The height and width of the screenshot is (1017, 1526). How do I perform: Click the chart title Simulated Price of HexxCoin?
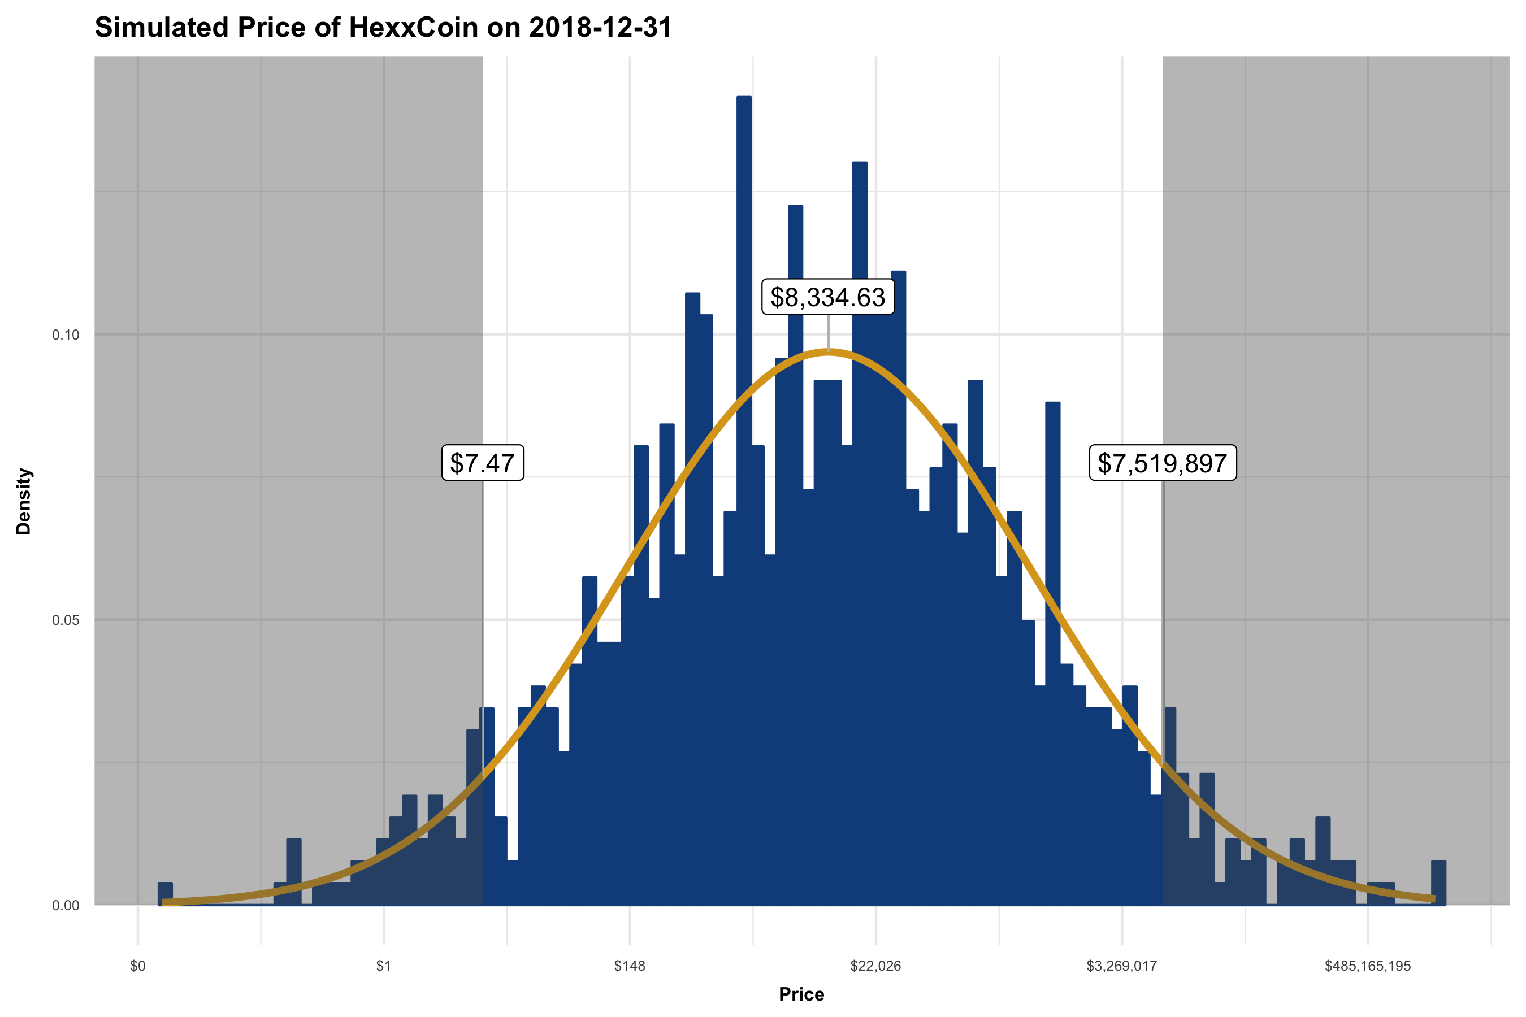[x=383, y=28]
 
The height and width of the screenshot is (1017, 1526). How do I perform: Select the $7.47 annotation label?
[x=482, y=463]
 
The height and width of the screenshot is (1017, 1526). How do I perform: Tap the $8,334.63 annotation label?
[x=827, y=297]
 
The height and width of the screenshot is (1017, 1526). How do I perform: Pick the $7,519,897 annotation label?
[x=1162, y=463]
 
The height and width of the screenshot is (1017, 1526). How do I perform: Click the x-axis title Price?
[x=801, y=994]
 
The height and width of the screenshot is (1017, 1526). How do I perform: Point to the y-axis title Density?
[x=24, y=501]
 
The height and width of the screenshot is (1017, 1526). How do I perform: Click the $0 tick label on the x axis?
[x=137, y=966]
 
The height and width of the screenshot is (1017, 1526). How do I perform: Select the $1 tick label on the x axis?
[x=383, y=966]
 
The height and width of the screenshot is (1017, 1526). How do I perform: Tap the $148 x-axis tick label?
[x=630, y=966]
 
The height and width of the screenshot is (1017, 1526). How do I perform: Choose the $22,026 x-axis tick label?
[x=875, y=966]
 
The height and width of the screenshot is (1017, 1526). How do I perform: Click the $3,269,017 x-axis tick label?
[x=1121, y=966]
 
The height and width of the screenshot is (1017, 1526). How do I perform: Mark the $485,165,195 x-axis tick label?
[x=1367, y=966]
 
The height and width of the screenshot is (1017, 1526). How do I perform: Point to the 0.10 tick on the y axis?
[x=66, y=335]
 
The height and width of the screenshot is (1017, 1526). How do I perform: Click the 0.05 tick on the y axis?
[x=66, y=620]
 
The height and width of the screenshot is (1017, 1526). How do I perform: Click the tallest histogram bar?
[x=744, y=454]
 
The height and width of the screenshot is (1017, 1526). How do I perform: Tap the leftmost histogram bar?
[x=165, y=894]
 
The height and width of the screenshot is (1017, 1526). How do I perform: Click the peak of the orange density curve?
[x=828, y=351]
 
